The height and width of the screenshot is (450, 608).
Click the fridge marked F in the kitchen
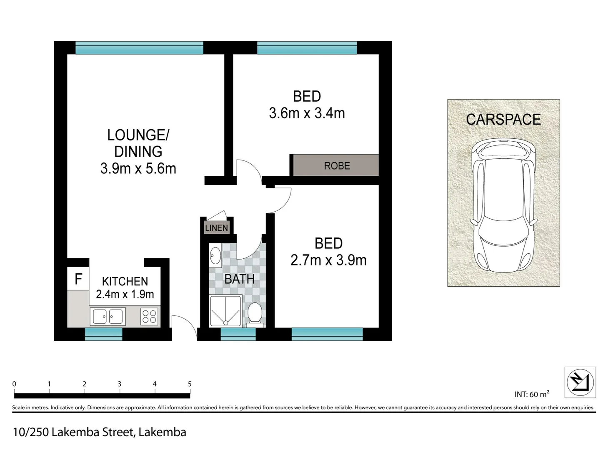pos(78,279)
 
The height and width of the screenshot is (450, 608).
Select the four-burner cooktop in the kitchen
pos(149,316)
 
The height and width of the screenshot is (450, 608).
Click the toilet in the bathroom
pos(255,314)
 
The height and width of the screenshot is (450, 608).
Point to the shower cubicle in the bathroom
pos(225,311)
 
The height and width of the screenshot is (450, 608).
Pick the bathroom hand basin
pos(215,255)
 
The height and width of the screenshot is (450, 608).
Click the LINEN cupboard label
pos(216,228)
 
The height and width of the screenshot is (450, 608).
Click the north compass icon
pos(580,382)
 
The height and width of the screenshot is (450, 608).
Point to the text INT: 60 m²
pos(532,394)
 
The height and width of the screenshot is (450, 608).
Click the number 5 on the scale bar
pos(190,384)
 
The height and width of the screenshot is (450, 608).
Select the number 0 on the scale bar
pos(14,384)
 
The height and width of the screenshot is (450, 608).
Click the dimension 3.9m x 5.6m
pos(138,168)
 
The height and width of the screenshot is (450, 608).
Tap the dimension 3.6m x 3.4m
pos(307,113)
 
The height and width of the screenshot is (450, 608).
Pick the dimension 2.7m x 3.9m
pos(328,260)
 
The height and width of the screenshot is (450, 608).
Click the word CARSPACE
pos(503,120)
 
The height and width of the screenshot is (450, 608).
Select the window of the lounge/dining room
pos(139,48)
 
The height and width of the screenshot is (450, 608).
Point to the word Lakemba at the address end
pos(162,432)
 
